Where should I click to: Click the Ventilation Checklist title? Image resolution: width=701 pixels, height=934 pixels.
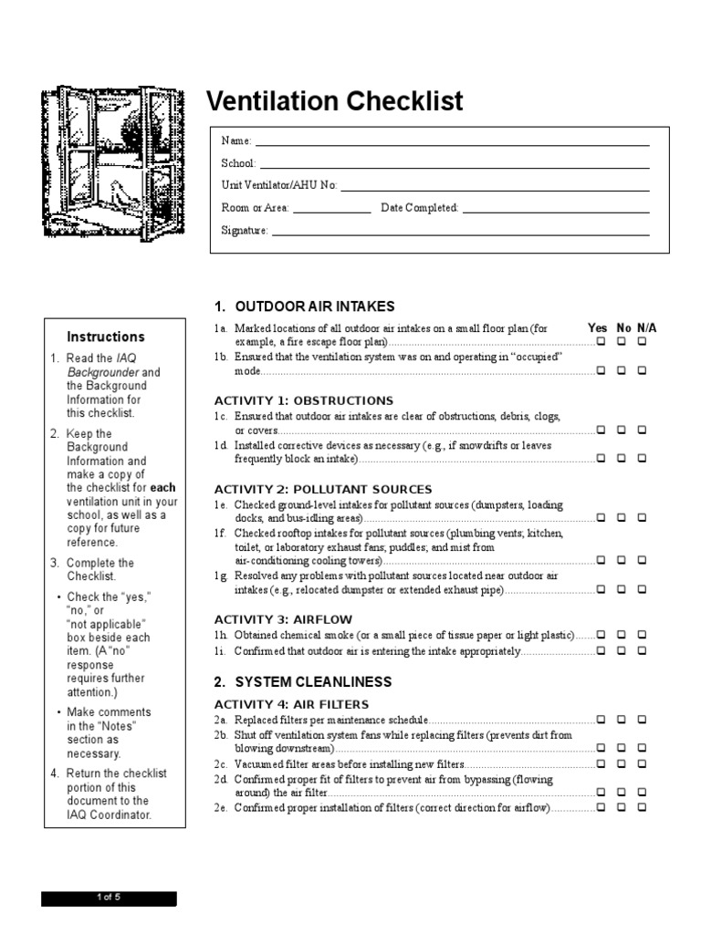[335, 100]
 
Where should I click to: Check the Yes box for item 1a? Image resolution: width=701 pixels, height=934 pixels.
[601, 341]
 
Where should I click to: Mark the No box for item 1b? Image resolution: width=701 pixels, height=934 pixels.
[622, 371]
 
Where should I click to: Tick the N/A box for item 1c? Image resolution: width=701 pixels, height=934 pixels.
[642, 429]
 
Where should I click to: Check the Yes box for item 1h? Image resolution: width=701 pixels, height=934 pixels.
[601, 634]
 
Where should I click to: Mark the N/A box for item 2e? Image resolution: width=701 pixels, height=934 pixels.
[642, 808]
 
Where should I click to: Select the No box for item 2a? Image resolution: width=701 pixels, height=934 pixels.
[622, 720]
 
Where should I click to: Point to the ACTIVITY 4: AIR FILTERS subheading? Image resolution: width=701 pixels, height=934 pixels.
[291, 704]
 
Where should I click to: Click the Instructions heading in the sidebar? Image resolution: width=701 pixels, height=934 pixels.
[106, 337]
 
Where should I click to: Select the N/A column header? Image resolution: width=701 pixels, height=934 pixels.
[646, 327]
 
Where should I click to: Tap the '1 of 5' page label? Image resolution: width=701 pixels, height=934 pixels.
[109, 898]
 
